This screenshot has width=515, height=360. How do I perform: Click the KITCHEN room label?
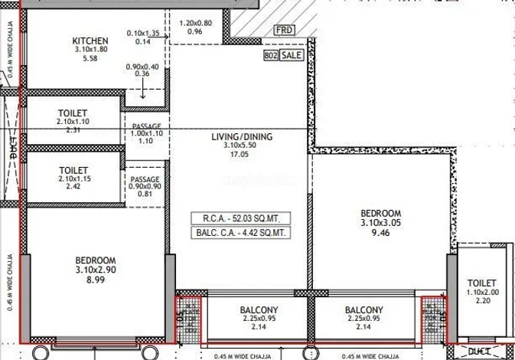pyautogui.click(x=90, y=41)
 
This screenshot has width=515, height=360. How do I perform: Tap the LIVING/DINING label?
pyautogui.click(x=243, y=138)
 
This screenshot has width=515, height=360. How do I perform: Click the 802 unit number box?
pyautogui.click(x=269, y=56)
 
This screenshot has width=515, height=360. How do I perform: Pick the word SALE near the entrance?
pyautogui.click(x=292, y=56)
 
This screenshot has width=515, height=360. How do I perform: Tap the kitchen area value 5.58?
pyautogui.click(x=90, y=58)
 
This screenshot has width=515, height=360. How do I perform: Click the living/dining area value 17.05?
pyautogui.click(x=243, y=153)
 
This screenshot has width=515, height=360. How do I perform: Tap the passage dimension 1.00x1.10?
pyautogui.click(x=145, y=133)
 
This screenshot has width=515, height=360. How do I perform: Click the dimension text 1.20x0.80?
pyautogui.click(x=194, y=23)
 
